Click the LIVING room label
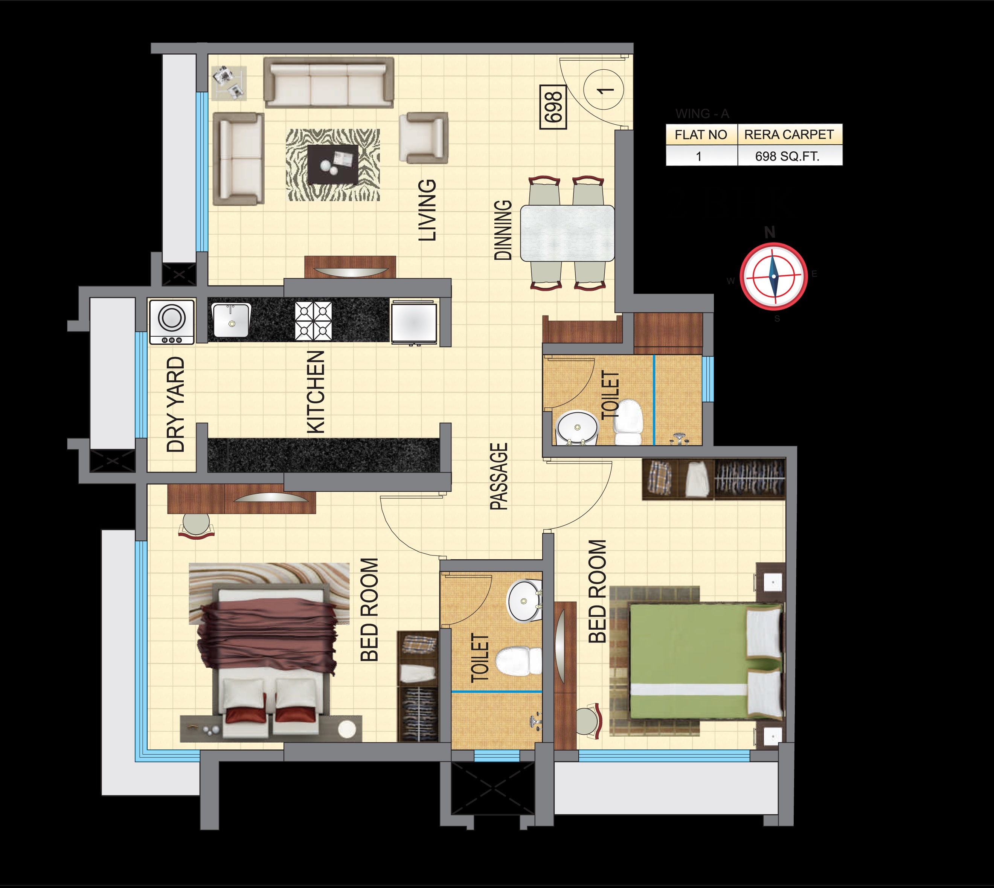(x=427, y=210)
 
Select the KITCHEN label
(x=316, y=392)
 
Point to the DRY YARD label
(x=175, y=404)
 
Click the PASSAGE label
(x=499, y=477)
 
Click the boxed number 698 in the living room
(x=553, y=107)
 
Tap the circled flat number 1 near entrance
(x=604, y=90)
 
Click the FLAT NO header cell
(x=701, y=135)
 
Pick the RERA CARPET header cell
(x=789, y=135)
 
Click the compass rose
(x=773, y=276)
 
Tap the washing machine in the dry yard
(x=171, y=322)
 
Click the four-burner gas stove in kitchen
(x=313, y=320)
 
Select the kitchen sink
(x=231, y=320)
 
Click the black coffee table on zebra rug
(x=332, y=164)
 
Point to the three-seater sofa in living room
(x=329, y=82)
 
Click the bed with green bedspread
(x=697, y=661)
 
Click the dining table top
(x=567, y=233)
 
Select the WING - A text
(x=702, y=114)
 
